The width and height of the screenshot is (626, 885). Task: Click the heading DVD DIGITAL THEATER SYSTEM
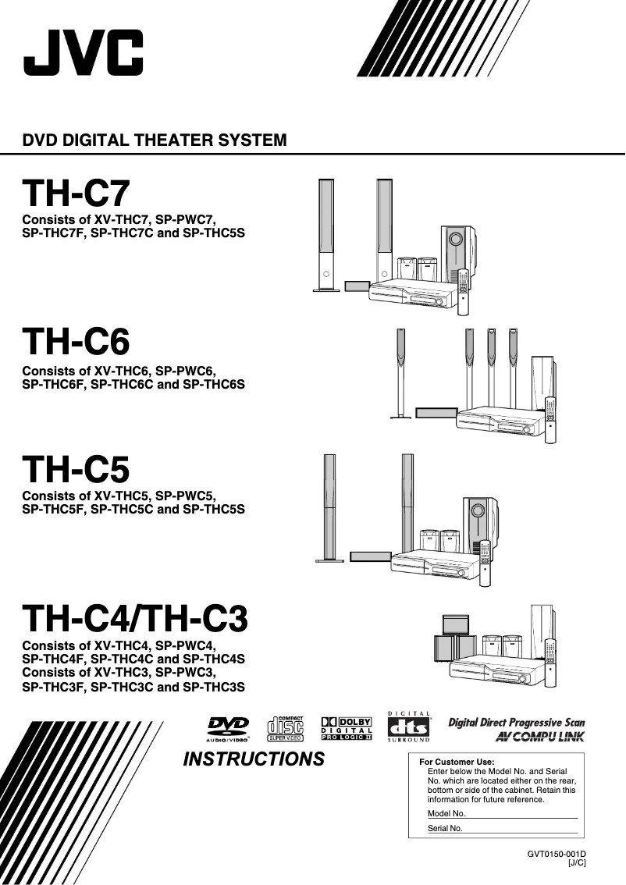click(155, 141)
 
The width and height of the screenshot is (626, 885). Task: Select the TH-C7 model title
click(76, 194)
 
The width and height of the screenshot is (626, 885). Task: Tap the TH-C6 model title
click(76, 341)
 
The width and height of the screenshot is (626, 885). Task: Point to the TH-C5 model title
click(76, 470)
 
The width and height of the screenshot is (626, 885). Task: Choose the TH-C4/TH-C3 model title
click(135, 619)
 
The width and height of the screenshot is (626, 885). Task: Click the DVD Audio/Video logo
click(228, 728)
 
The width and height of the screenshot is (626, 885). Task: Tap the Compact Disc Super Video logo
click(285, 727)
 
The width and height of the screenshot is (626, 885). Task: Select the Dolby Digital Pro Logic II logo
click(347, 728)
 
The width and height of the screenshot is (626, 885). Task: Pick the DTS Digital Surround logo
click(409, 727)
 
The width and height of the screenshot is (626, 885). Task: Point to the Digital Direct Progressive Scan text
click(516, 723)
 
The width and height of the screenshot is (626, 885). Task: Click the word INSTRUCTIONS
click(254, 759)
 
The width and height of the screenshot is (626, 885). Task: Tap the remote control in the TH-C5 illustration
click(486, 563)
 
